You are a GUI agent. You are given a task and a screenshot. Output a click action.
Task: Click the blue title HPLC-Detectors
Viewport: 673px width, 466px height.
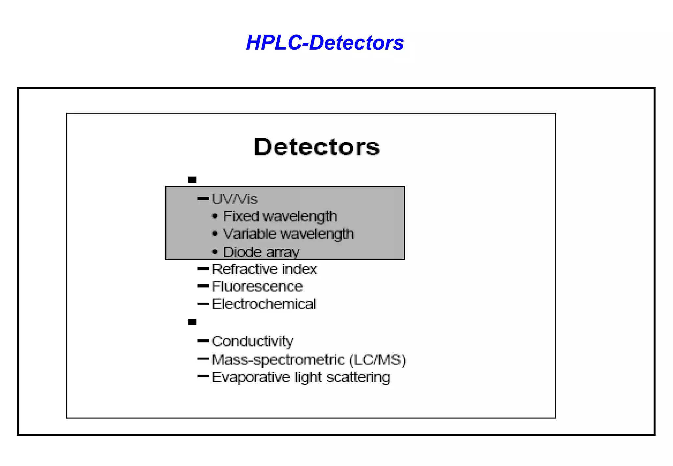[x=325, y=43]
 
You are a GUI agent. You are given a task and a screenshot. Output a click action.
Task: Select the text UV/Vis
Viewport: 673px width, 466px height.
[x=235, y=199]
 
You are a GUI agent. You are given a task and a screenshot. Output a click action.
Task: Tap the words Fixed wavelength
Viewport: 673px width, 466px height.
[x=280, y=216]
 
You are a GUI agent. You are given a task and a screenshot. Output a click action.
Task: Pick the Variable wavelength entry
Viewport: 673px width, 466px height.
[x=288, y=234]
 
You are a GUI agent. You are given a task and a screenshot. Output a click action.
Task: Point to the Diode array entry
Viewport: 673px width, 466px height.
[x=261, y=252]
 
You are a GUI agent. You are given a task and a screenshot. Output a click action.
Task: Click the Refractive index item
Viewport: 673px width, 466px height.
[x=264, y=269]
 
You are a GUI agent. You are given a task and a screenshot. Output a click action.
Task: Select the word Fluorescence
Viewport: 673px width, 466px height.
[x=257, y=287]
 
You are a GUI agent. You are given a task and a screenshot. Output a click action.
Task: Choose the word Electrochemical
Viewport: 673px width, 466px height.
[x=264, y=304]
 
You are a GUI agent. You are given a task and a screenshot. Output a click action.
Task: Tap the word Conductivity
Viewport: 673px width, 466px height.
[x=252, y=341]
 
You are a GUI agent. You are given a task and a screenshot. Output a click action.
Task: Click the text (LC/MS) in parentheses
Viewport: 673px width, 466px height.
[x=377, y=360]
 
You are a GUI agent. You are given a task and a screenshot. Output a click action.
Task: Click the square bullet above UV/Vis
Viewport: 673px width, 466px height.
[x=192, y=180]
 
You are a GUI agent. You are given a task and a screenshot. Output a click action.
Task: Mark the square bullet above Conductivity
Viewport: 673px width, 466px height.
[x=192, y=322]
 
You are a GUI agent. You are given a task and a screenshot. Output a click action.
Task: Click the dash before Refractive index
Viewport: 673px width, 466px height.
[x=203, y=269]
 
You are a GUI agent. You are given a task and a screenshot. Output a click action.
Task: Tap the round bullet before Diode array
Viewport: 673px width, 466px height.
[x=215, y=252]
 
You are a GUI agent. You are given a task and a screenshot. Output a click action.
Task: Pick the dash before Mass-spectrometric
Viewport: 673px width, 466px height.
[x=203, y=359]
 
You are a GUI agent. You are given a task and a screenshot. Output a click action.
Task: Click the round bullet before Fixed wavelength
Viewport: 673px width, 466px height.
[x=215, y=216]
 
